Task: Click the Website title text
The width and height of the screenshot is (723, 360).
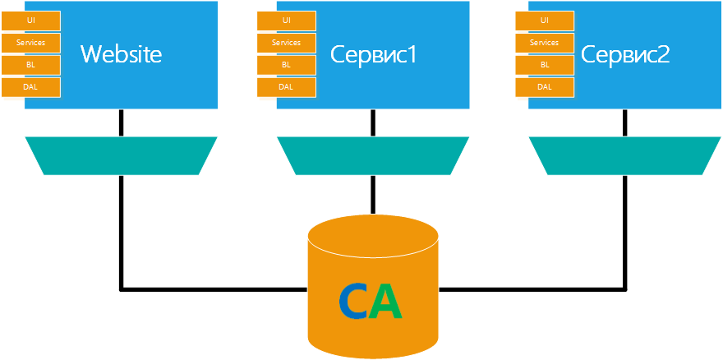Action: [x=121, y=54]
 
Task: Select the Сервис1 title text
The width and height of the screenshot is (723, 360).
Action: [x=374, y=54]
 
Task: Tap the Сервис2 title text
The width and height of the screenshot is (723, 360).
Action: [x=625, y=54]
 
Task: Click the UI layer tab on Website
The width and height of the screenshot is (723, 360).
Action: [x=31, y=20]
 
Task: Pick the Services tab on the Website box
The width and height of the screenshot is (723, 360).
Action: [x=31, y=42]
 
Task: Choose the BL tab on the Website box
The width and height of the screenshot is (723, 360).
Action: [x=31, y=64]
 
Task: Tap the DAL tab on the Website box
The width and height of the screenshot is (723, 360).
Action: [x=31, y=86]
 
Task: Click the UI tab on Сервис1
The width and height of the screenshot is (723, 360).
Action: [x=286, y=20]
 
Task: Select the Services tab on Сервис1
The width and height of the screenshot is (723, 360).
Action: [x=286, y=42]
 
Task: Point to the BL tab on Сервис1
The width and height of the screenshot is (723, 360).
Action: [x=286, y=64]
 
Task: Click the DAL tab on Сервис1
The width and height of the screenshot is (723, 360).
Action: [x=286, y=86]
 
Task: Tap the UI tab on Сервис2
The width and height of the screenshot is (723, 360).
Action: [x=545, y=20]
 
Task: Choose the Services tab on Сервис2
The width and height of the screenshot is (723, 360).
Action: [x=545, y=42]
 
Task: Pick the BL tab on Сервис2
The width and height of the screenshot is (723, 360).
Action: [x=545, y=64]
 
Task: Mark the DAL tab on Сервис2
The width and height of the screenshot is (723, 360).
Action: [x=545, y=86]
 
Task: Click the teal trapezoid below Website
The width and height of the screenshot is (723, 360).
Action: [x=121, y=155]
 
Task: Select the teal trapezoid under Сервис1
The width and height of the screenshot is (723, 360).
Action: [x=373, y=155]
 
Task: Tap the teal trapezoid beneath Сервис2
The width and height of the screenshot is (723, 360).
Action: [x=624, y=155]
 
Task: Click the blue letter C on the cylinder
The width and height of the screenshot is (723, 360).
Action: [x=353, y=302]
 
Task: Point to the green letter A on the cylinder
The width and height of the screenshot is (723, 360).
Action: [x=385, y=302]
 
